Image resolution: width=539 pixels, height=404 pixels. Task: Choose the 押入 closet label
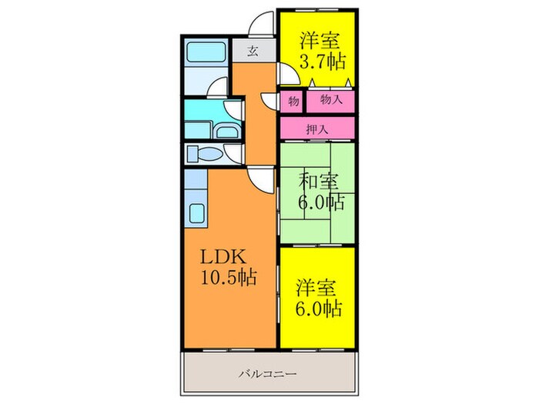coord(317,129)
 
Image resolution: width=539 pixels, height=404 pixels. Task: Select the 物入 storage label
coord(330,100)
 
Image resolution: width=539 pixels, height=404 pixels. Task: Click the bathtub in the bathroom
coord(206,52)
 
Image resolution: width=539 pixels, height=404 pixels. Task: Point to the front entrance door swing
coord(264,23)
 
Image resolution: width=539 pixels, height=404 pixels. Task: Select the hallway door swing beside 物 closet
coord(269,100)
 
